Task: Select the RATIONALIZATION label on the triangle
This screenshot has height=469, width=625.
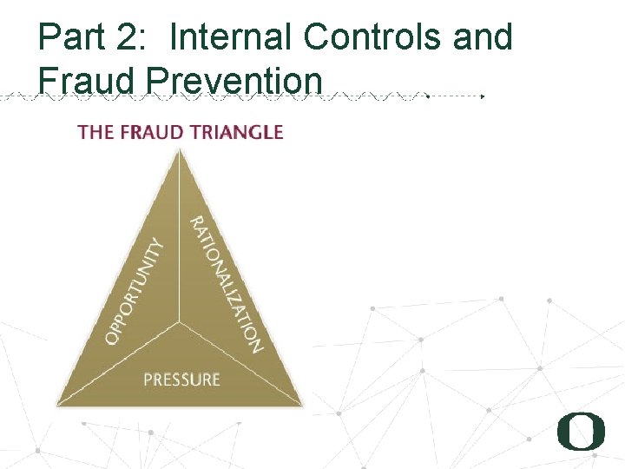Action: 226,283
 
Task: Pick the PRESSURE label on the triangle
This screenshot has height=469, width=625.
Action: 181,380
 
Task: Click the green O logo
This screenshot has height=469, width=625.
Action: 580,432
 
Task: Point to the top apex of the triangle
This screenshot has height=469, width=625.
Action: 180,149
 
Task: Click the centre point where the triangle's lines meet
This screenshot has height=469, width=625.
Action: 181,322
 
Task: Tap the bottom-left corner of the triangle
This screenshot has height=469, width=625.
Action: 57,405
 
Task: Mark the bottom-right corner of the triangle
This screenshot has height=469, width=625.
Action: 303,405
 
